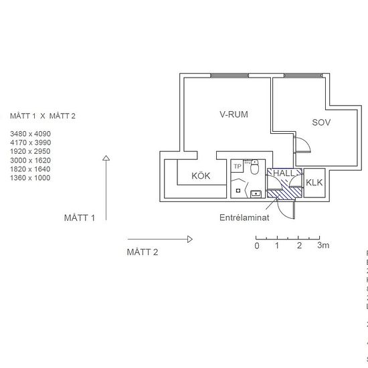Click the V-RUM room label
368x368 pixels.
(x=234, y=114)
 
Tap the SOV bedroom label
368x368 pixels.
(x=322, y=122)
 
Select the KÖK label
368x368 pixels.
(x=201, y=177)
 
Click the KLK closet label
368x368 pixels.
(x=314, y=183)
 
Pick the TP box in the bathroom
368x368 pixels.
(x=237, y=166)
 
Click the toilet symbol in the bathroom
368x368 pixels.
(x=254, y=169)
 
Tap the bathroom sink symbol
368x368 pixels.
(x=256, y=194)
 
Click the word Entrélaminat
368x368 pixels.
(x=245, y=218)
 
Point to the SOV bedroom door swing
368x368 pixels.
(x=302, y=146)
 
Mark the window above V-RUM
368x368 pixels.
(x=229, y=75)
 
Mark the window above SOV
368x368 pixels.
(x=300, y=75)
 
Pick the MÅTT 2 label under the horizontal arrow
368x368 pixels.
(x=143, y=252)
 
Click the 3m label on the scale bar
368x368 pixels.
(x=323, y=246)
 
